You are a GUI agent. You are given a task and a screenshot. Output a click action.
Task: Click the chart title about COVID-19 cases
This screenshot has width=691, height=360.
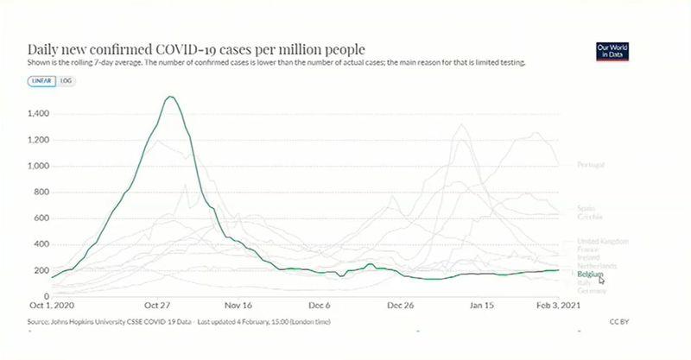point(197,49)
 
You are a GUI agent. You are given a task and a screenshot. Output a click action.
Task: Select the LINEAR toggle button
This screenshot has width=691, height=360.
point(41,80)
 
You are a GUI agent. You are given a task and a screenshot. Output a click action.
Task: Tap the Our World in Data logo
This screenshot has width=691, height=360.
point(611,51)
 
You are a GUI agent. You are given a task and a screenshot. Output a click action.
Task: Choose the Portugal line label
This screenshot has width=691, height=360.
point(591,165)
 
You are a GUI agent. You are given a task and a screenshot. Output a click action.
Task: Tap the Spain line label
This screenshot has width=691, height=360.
point(586,208)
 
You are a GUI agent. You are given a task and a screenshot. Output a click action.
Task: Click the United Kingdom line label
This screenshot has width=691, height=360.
point(602,241)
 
